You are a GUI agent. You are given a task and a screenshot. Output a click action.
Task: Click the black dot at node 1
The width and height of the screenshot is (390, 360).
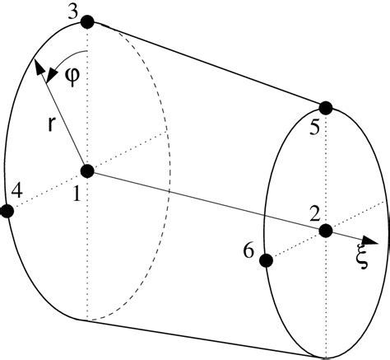click(x=88, y=171)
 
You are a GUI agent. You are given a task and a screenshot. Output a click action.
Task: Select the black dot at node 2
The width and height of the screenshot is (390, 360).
click(x=326, y=230)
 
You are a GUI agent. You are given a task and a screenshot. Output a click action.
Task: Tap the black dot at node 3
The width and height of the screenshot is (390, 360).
click(x=86, y=21)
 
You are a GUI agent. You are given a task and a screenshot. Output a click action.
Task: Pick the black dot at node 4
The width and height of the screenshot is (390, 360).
click(x=7, y=211)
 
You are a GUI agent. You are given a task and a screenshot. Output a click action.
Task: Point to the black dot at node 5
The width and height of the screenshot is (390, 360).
click(x=326, y=107)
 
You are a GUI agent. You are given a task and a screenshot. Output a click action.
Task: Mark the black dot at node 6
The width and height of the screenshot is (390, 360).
click(x=266, y=260)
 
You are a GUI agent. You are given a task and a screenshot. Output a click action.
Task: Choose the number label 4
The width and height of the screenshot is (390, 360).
click(x=18, y=192)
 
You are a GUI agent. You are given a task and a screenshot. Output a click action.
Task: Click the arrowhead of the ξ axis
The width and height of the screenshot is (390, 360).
click(x=374, y=241)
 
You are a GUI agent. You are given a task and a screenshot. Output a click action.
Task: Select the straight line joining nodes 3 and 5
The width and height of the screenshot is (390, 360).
click(x=206, y=64)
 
